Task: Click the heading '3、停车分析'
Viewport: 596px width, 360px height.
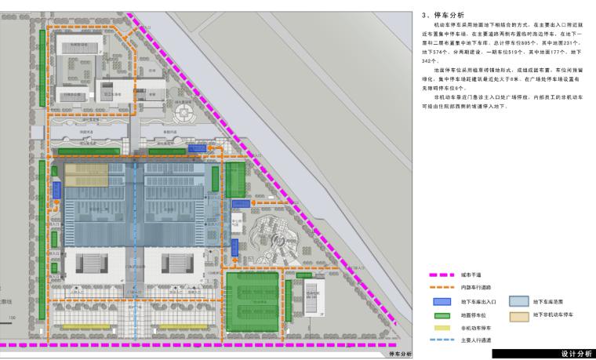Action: click(x=443, y=15)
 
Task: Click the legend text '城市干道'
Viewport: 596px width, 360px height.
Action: click(x=471, y=275)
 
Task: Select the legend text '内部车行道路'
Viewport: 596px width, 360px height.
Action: click(x=474, y=289)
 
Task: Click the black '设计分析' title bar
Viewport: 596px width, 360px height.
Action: click(x=543, y=354)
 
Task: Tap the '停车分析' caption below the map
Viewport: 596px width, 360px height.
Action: click(x=399, y=354)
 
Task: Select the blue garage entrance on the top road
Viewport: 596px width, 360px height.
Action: click(x=197, y=147)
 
